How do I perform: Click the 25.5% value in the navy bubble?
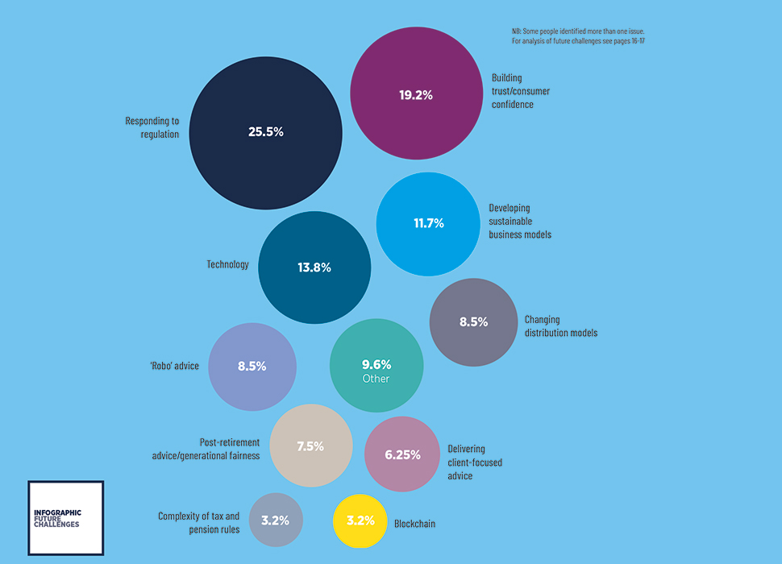(x=266, y=132)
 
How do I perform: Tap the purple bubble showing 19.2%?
(x=417, y=93)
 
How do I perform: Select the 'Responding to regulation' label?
(x=152, y=127)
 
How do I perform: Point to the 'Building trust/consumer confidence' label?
(x=521, y=91)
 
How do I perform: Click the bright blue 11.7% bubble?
(x=428, y=224)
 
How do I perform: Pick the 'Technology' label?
(x=227, y=264)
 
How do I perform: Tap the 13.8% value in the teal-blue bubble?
(x=314, y=267)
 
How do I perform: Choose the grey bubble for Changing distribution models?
(x=473, y=322)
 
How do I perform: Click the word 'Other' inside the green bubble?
(x=376, y=379)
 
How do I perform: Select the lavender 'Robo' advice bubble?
(x=252, y=367)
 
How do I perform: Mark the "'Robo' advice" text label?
(x=175, y=366)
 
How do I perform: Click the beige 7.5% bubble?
(x=311, y=446)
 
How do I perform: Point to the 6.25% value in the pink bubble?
(x=402, y=455)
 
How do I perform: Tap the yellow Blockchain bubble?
(x=360, y=521)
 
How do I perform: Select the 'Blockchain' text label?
(x=414, y=524)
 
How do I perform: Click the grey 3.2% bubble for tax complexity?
(x=276, y=520)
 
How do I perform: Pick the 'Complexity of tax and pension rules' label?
(x=198, y=523)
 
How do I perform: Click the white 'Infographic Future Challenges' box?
(x=66, y=518)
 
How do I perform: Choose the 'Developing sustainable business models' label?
(x=520, y=222)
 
